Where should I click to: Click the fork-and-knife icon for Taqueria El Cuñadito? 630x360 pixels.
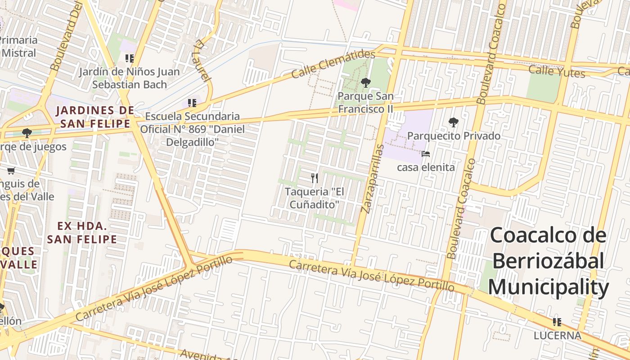click(315, 178)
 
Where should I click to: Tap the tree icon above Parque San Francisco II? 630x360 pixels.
click(365, 82)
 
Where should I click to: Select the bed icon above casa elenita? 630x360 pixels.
click(425, 154)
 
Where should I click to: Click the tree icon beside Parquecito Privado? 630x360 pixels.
click(453, 122)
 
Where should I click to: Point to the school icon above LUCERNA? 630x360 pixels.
click(557, 322)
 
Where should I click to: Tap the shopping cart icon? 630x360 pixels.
click(11, 171)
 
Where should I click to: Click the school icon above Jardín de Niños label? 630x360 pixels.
click(130, 58)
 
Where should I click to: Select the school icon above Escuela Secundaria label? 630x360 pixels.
click(192, 103)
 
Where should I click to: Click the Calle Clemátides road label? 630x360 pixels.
click(333, 64)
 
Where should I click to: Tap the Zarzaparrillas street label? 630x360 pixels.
click(372, 179)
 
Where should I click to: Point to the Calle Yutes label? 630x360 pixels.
click(557, 71)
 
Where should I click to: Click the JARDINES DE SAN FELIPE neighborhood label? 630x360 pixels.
click(95, 117)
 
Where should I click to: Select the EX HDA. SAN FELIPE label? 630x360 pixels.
click(82, 233)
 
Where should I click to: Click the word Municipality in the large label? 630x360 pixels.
click(549, 287)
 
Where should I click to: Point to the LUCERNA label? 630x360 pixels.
click(557, 336)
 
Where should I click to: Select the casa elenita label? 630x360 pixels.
click(425, 167)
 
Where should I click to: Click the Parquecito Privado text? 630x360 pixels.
click(454, 135)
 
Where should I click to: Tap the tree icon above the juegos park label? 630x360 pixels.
click(27, 133)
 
